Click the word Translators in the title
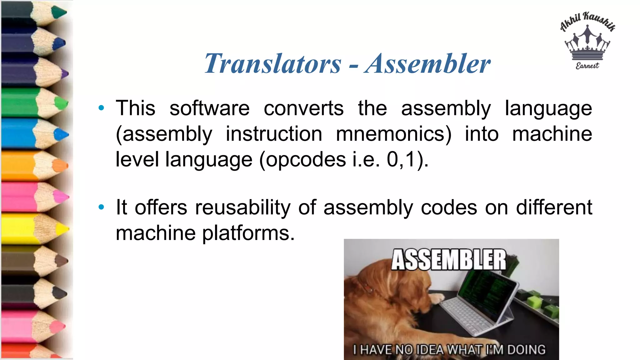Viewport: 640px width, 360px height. pyautogui.click(x=272, y=64)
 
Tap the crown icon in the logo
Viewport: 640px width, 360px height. pyautogui.click(x=587, y=44)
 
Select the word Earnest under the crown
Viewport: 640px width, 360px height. pyautogui.click(x=587, y=66)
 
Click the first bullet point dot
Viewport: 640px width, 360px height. pyautogui.click(x=101, y=108)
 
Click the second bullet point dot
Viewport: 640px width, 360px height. pyautogui.click(x=101, y=207)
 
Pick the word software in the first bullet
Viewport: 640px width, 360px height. pyautogui.click(x=209, y=108)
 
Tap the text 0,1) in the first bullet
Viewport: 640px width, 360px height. pyautogui.click(x=406, y=159)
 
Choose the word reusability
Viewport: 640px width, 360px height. pyautogui.click(x=242, y=207)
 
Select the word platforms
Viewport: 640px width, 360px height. pyautogui.click(x=248, y=233)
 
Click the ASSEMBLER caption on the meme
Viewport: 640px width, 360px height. pyautogui.click(x=449, y=260)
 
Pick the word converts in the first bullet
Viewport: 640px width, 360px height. pyautogui.click(x=303, y=108)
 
